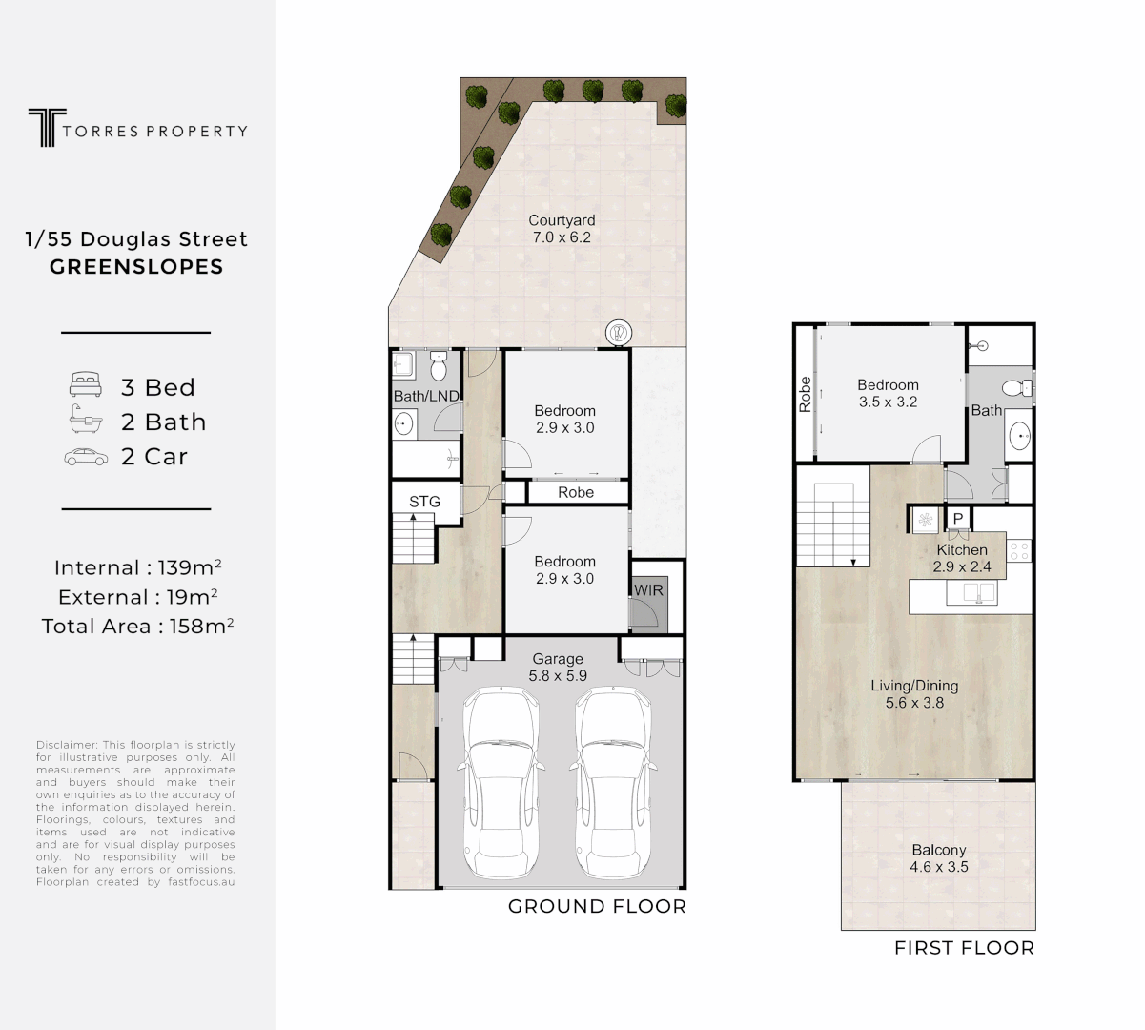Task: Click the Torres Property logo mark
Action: click(42, 128)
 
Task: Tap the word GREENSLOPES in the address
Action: click(136, 267)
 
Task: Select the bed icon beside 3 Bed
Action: click(85, 386)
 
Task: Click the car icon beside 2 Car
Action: click(85, 457)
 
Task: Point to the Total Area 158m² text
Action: click(137, 626)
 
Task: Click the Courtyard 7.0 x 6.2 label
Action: click(562, 229)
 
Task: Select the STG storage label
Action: click(424, 502)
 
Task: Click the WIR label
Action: click(648, 590)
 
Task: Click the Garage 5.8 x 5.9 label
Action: click(558, 667)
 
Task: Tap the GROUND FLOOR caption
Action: click(597, 906)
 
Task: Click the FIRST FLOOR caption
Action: click(963, 948)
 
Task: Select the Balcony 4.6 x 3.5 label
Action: click(938, 858)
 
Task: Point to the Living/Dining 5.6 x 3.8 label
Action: click(913, 694)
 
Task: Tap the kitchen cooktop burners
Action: click(1018, 550)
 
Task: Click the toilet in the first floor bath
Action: click(1016, 387)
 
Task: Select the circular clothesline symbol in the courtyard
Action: click(618, 333)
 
